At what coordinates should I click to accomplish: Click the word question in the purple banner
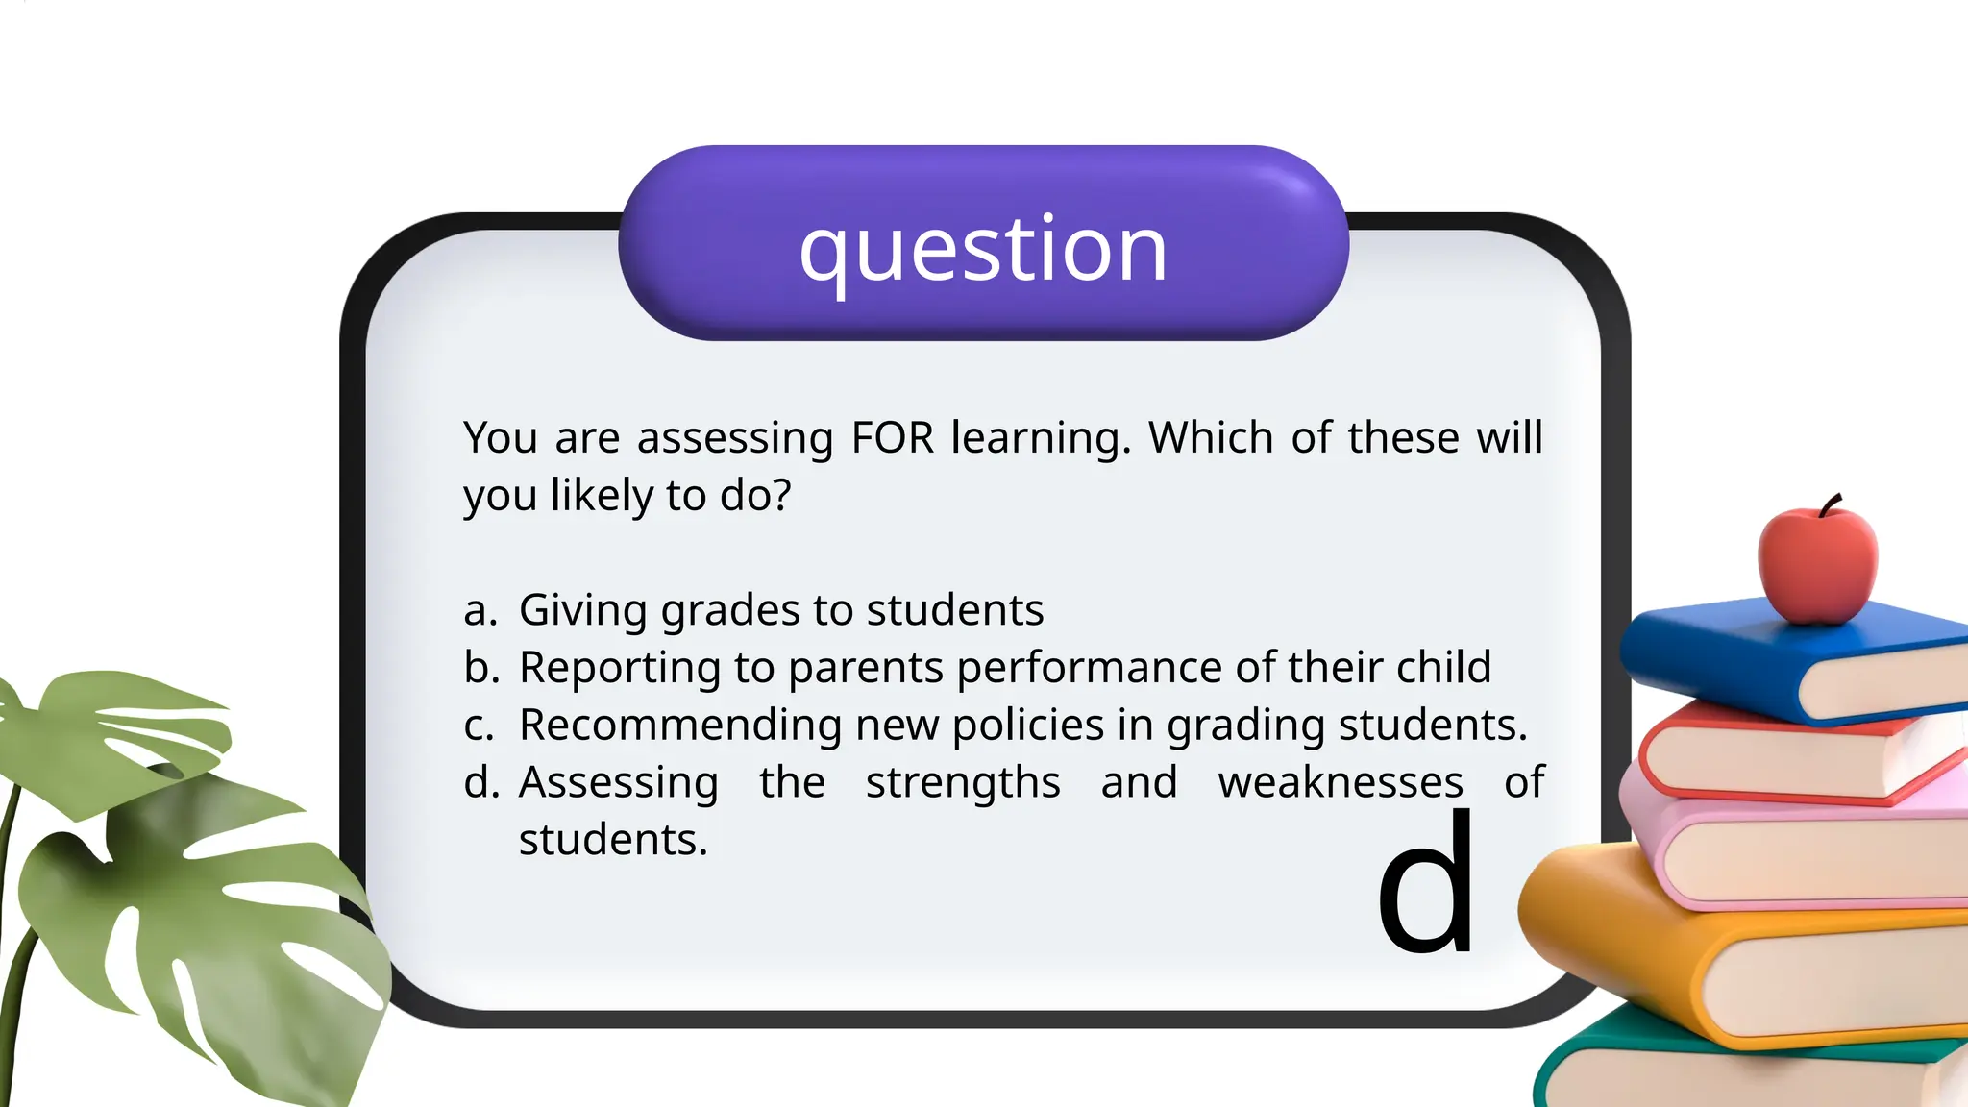[983, 250]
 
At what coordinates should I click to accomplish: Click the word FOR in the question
[893, 438]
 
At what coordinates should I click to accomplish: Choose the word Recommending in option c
[679, 726]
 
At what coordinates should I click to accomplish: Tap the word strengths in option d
[963, 783]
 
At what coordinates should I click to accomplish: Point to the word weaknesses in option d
[1341, 783]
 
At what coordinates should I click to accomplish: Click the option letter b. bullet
[481, 668]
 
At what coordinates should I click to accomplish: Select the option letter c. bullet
[479, 726]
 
